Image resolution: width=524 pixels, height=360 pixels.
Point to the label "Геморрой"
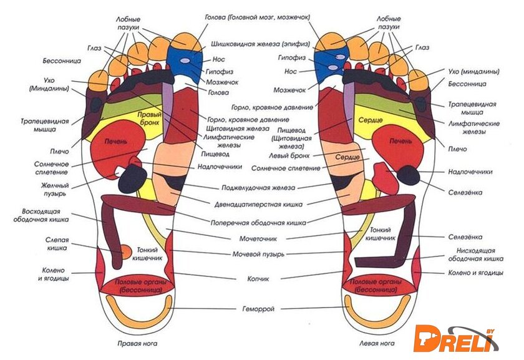(x=258, y=308)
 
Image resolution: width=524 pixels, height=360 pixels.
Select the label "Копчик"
(x=258, y=278)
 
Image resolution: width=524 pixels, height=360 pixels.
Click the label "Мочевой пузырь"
(x=258, y=254)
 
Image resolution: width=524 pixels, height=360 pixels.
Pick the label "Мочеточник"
(x=258, y=238)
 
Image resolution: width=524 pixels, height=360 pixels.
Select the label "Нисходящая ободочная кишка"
(x=476, y=254)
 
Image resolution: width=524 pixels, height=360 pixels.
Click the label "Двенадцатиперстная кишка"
(x=258, y=204)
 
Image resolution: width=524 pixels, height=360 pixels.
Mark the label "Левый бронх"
(x=289, y=155)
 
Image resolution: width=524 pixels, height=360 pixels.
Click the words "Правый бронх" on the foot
(x=150, y=119)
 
